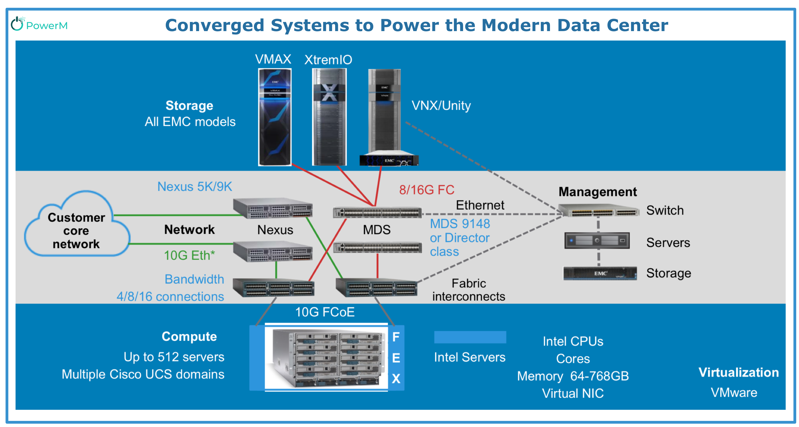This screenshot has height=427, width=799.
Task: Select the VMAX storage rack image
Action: [275, 117]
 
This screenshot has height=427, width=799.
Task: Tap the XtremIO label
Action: [328, 59]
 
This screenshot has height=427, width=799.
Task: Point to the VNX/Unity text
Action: [441, 106]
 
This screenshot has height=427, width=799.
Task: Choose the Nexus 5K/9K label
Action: [195, 187]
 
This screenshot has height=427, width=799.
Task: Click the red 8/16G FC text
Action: [426, 190]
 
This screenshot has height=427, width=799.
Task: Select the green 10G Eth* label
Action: [189, 255]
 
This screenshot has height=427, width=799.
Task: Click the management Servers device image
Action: [597, 241]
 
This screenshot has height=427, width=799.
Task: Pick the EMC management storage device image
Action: [600, 273]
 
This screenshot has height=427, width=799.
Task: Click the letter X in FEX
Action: [396, 379]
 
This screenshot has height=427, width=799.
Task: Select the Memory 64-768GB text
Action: [572, 376]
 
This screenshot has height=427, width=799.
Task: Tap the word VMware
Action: [734, 393]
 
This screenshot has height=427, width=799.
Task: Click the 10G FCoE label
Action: [325, 312]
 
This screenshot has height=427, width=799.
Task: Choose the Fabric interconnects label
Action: [468, 290]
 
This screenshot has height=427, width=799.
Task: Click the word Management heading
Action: [597, 192]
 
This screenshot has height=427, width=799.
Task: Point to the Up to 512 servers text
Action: [174, 357]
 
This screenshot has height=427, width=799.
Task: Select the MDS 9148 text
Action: [460, 224]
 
